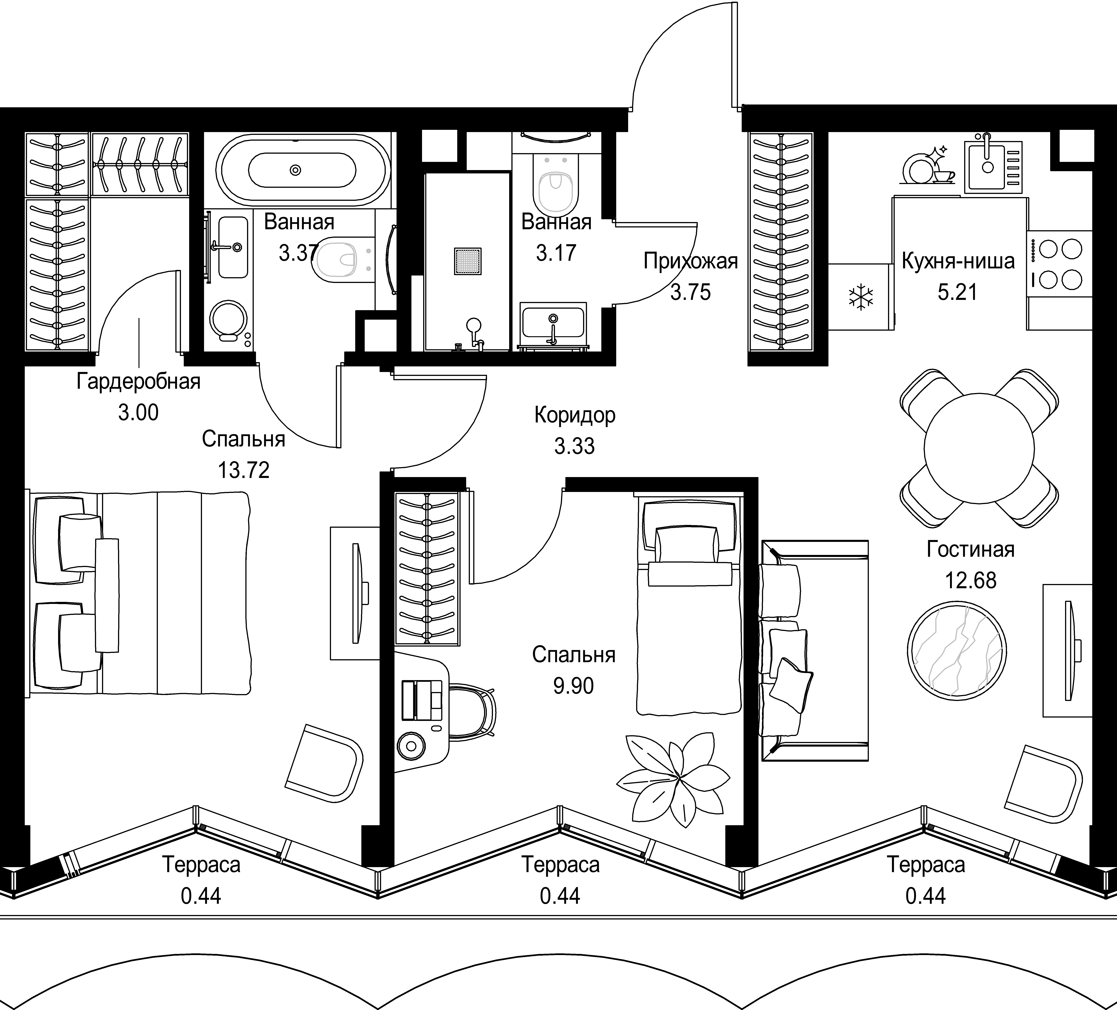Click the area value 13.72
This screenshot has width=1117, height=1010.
[244, 470]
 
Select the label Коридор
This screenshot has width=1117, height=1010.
[575, 415]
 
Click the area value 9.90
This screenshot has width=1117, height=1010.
[573, 686]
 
